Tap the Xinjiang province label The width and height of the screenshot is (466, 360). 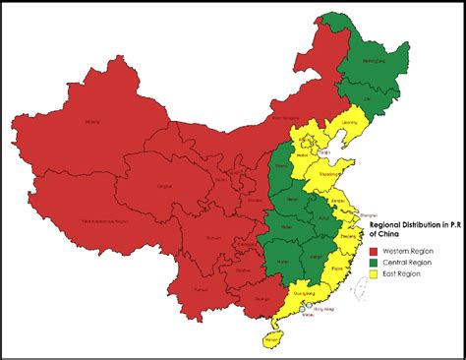pos(93,122)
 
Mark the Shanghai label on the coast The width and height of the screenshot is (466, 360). pos(372,211)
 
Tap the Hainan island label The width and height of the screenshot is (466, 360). pos(272,339)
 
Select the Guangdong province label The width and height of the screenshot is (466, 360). pos(305,291)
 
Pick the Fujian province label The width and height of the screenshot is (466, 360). pos(338,267)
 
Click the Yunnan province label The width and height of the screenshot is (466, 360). pos(202,292)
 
